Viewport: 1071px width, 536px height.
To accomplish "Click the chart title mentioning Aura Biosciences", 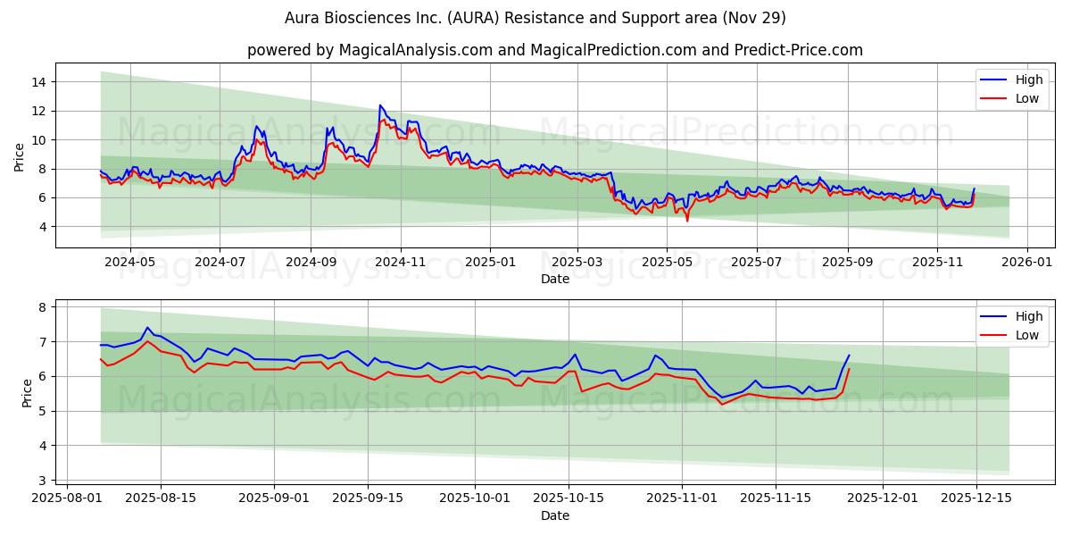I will (x=535, y=18).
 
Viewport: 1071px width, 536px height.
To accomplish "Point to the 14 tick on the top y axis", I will (x=39, y=82).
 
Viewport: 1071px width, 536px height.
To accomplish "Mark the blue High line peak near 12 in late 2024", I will (x=380, y=105).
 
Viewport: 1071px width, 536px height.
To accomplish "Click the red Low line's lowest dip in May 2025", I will (x=687, y=220).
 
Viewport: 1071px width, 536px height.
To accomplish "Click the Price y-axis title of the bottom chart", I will (x=27, y=393).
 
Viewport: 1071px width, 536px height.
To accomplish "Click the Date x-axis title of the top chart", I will (x=554, y=280).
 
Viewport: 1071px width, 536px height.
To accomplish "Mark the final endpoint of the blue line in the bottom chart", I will (x=849, y=356).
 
